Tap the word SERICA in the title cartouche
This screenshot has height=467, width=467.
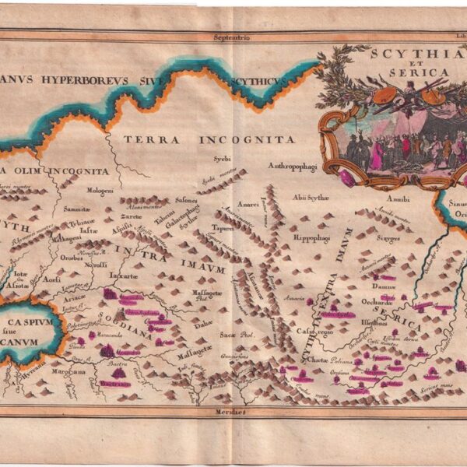425,72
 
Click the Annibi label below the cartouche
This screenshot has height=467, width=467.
398,199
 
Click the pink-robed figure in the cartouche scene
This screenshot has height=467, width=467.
377,153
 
